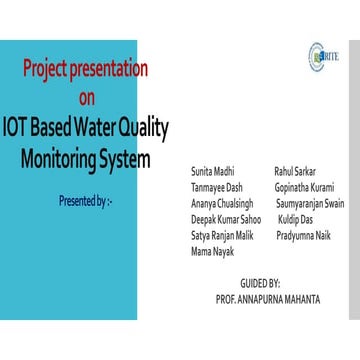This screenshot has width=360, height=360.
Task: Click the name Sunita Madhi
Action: (213, 172)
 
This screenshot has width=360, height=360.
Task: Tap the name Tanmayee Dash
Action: (217, 187)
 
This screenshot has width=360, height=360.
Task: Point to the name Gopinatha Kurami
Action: (304, 187)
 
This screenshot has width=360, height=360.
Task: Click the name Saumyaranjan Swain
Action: (309, 203)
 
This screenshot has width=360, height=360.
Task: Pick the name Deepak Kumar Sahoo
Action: (226, 218)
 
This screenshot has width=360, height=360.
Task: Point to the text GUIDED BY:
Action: (260, 284)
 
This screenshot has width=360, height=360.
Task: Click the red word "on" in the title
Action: (88, 98)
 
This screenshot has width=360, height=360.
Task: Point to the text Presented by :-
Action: (85, 201)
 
